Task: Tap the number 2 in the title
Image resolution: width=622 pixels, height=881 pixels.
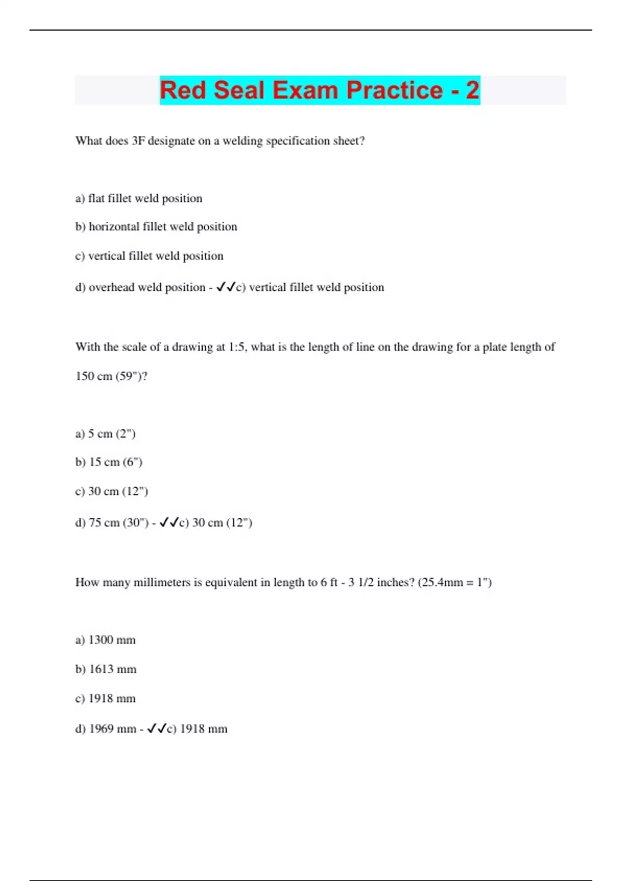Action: click(x=472, y=90)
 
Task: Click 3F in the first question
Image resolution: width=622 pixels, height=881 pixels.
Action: click(x=138, y=141)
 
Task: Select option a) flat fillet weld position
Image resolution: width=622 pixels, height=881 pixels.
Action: click(x=139, y=198)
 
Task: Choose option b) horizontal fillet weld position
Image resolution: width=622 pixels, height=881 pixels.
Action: click(x=156, y=227)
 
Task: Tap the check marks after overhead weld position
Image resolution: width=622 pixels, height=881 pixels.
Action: click(x=226, y=287)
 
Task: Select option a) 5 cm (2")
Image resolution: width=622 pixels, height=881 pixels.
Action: click(x=105, y=434)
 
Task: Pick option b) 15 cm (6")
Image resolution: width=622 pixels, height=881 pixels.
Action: click(x=109, y=462)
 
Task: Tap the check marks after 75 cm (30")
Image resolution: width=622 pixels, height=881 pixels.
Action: click(x=169, y=522)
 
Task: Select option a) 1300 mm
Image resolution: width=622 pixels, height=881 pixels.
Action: click(x=105, y=640)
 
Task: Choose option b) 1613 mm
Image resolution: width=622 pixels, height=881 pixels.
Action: click(x=106, y=670)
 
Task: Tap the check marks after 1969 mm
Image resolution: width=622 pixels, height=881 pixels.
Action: click(x=157, y=729)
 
